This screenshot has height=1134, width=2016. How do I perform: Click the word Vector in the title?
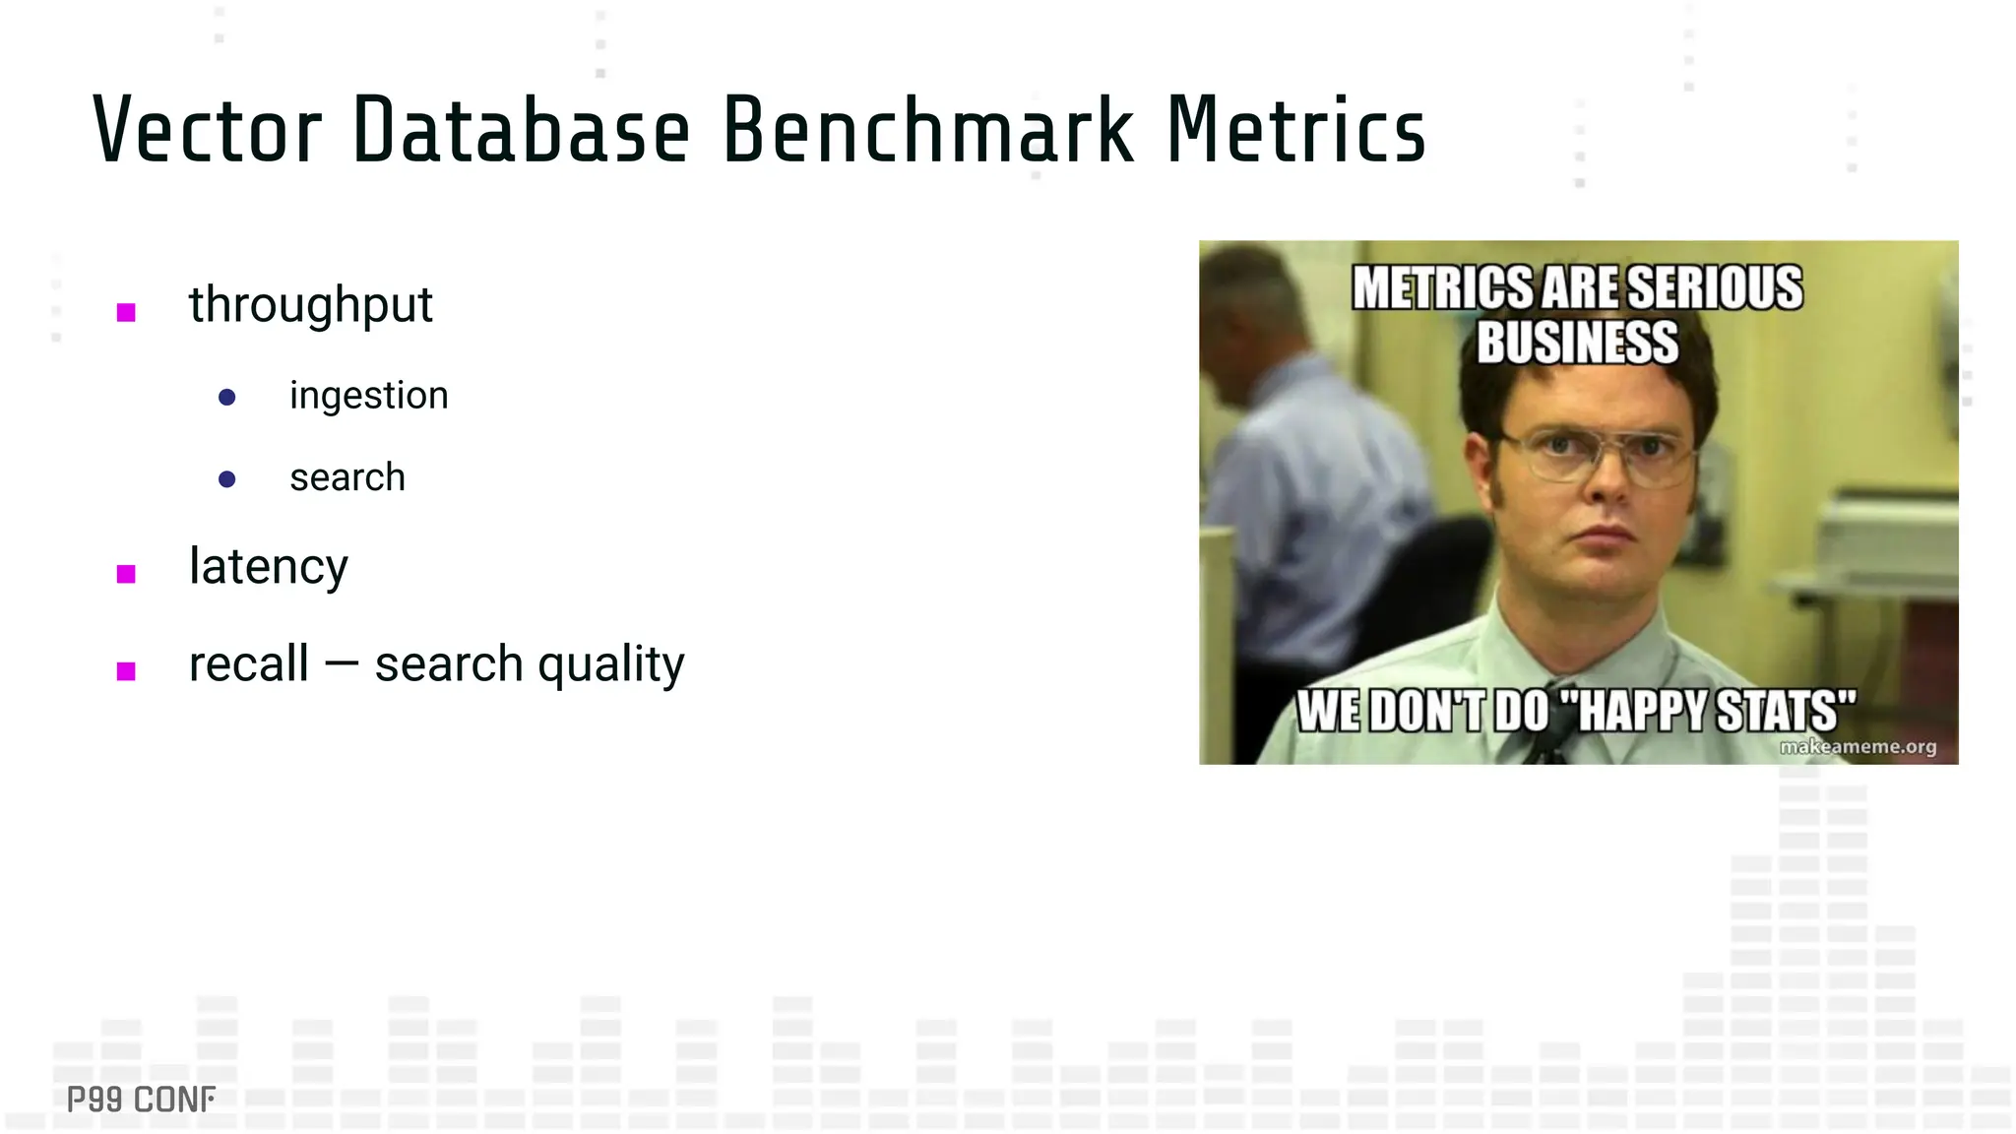208,130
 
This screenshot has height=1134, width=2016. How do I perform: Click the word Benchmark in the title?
927,130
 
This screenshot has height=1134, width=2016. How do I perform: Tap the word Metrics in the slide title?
1295,130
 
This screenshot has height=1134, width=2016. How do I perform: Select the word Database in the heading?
521,130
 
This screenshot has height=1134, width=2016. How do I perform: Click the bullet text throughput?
310,305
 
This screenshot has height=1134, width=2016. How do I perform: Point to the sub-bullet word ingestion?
368,396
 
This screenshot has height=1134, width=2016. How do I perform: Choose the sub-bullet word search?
346,477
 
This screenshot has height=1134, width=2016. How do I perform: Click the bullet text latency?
268,567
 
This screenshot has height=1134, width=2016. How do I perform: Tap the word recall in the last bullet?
248,663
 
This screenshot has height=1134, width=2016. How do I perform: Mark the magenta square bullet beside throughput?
126,313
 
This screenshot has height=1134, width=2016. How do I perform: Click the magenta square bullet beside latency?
126,574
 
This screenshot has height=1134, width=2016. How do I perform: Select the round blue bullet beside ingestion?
226,398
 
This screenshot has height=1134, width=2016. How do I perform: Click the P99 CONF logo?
141,1100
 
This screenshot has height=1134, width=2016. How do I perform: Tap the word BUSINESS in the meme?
1577,343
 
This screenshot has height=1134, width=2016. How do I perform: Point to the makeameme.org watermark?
1857,747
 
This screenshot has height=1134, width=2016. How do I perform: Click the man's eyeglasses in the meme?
1600,455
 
